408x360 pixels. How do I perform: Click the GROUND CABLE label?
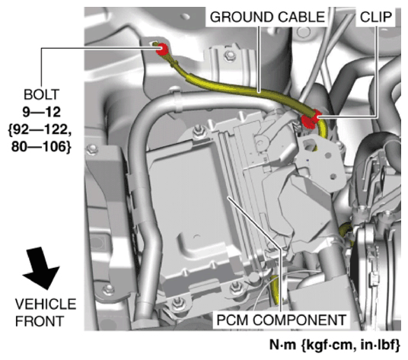[x=267, y=18]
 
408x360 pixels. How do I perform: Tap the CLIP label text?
[x=376, y=18]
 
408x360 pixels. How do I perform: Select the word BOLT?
[x=42, y=94]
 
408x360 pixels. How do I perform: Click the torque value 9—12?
[x=42, y=112]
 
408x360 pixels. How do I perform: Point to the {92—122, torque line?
[x=40, y=130]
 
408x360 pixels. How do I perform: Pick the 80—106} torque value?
[x=41, y=147]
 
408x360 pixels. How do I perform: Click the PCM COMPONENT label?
[x=282, y=320]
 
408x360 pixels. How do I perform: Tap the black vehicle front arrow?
[x=42, y=268]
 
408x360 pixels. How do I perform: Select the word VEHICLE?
[x=46, y=304]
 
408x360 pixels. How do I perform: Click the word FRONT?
[x=40, y=321]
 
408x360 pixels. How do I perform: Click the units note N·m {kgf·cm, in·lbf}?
[x=334, y=346]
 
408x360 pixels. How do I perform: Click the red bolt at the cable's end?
[x=162, y=49]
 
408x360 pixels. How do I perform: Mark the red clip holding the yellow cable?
[x=311, y=119]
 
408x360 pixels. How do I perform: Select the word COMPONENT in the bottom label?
[x=299, y=320]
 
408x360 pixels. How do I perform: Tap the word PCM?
[x=233, y=320]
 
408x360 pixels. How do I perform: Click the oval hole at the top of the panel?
[x=186, y=17]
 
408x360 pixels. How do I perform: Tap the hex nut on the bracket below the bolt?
[x=229, y=55]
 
